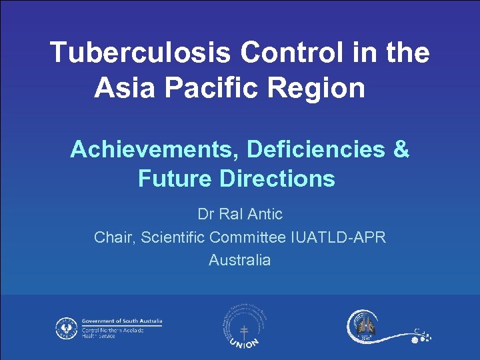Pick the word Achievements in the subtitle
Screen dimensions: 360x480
[155, 150]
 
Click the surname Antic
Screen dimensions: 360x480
[265, 215]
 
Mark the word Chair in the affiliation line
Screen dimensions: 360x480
[114, 237]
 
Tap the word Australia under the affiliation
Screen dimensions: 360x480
[240, 260]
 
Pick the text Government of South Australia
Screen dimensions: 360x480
[122, 321]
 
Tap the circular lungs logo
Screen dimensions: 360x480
[363, 326]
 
